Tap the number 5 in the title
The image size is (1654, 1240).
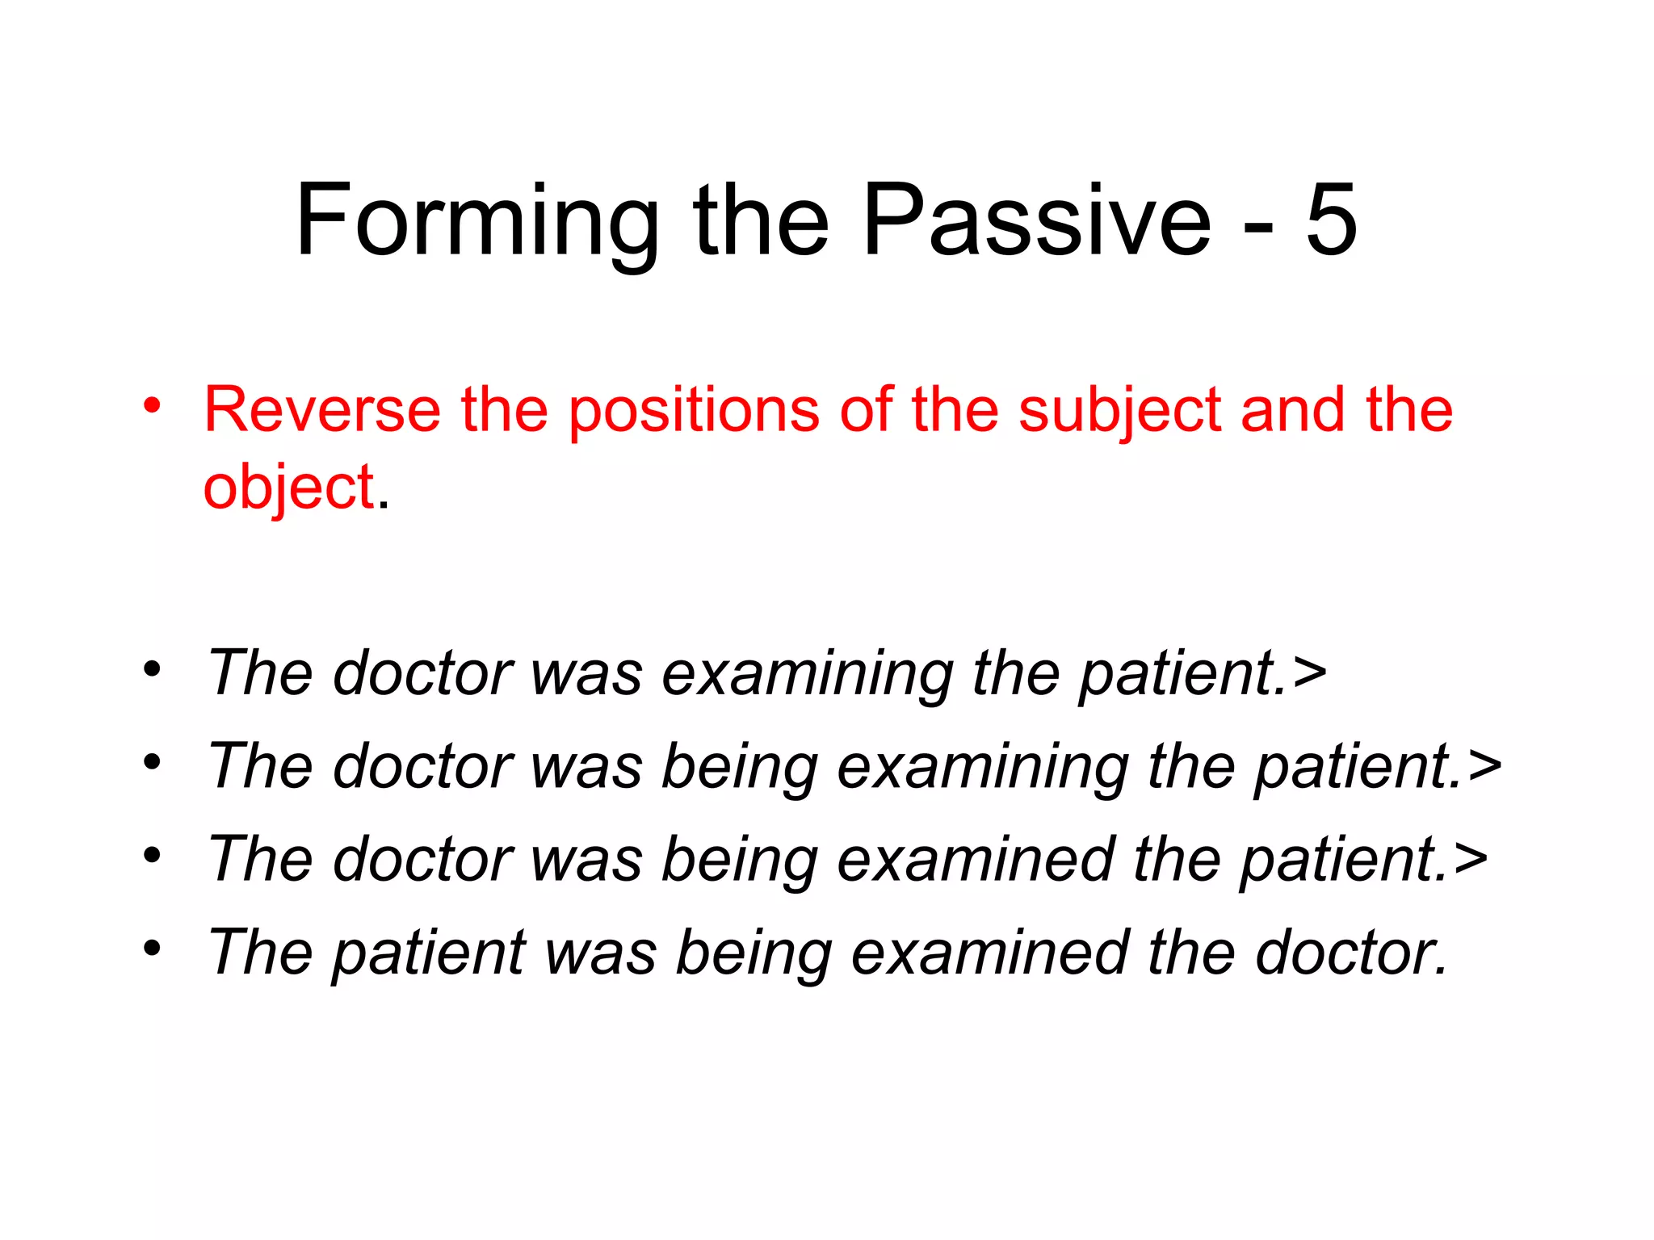tap(1331, 220)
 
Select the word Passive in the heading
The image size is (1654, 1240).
tap(1037, 220)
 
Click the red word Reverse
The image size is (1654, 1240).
tap(321, 409)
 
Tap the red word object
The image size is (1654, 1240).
tap(288, 488)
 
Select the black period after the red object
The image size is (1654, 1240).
tap(383, 505)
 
